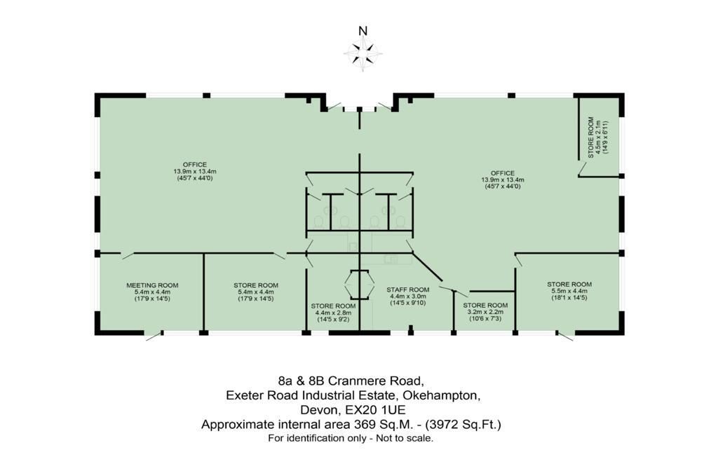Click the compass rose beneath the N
(363, 54)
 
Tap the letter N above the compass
(363, 31)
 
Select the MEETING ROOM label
(152, 285)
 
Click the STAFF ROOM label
(408, 289)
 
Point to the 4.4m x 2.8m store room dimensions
(333, 313)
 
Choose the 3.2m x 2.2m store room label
(485, 312)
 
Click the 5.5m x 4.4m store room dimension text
(569, 291)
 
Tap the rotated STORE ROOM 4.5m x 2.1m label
(598, 137)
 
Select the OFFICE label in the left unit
(195, 165)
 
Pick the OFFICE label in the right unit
(503, 174)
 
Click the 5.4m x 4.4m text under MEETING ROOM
(152, 292)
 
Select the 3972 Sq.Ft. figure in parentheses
(463, 424)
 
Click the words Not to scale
(405, 439)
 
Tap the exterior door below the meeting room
(154, 336)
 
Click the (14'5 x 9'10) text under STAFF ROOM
(408, 303)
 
